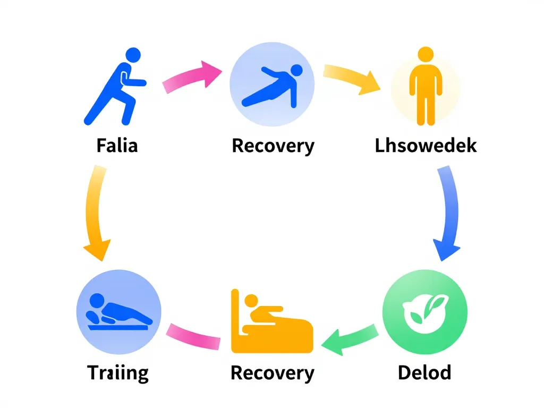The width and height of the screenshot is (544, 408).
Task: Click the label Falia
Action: (x=117, y=146)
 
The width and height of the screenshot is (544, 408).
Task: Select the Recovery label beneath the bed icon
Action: (x=272, y=372)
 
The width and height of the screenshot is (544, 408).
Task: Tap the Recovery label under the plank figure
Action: (x=273, y=146)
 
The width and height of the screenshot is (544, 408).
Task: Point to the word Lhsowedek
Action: (x=426, y=146)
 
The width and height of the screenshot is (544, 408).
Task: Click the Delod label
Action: (x=424, y=372)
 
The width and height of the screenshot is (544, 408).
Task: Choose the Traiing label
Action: (x=118, y=373)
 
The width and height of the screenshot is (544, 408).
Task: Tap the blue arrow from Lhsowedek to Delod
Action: (x=448, y=212)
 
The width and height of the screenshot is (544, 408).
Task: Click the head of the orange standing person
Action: (x=426, y=55)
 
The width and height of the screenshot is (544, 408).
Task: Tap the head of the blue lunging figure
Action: (x=132, y=55)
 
